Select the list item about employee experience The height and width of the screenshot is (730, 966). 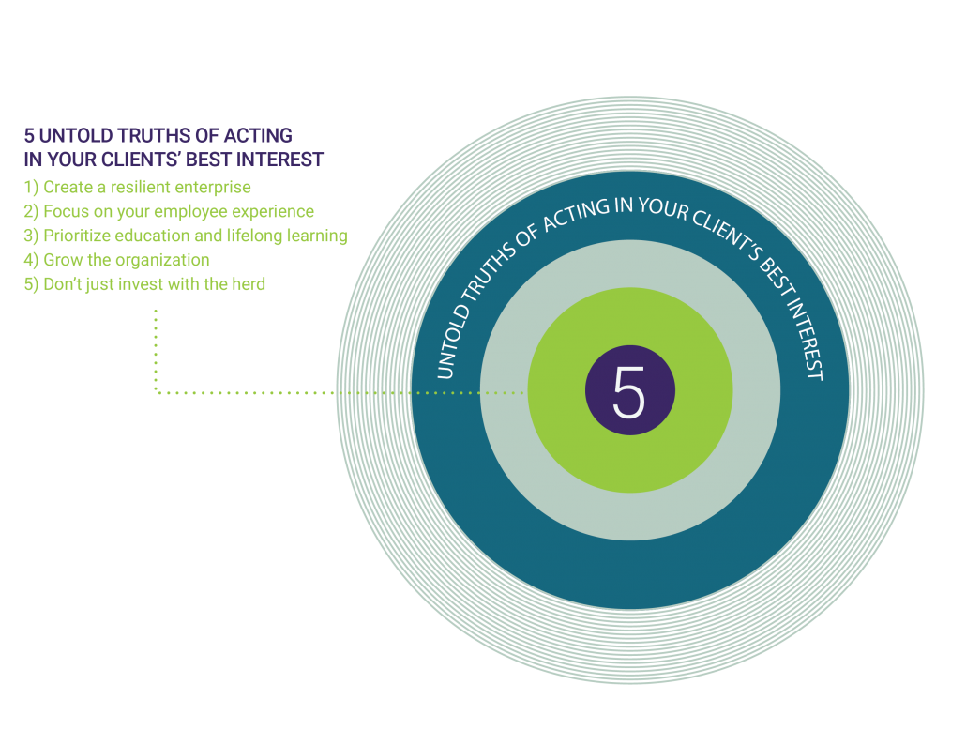coord(169,211)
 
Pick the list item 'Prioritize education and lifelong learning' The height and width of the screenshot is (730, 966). coord(185,236)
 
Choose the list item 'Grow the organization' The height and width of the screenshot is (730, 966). coord(116,260)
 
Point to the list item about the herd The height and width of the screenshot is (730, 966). coord(144,283)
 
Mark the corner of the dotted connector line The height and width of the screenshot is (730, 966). coord(156,392)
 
